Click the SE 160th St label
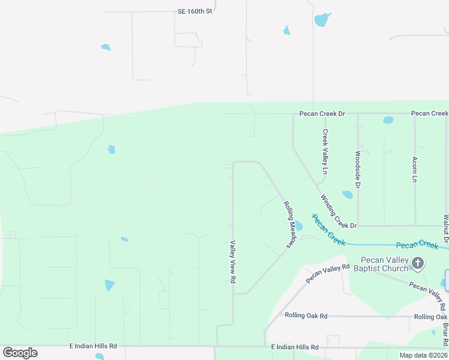click(195, 11)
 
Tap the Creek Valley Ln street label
click(325, 152)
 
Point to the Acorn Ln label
click(414, 169)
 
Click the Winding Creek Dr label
click(338, 211)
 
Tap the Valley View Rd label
click(232, 259)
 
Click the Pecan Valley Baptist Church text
click(384, 264)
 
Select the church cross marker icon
click(418, 263)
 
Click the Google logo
click(20, 353)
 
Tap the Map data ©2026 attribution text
click(424, 355)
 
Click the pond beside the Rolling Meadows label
click(298, 226)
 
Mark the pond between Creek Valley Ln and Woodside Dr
click(347, 194)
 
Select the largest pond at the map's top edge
click(322, 19)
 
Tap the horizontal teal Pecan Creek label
click(417, 245)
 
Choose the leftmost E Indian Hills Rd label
click(92, 347)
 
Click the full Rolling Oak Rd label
click(306, 316)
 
